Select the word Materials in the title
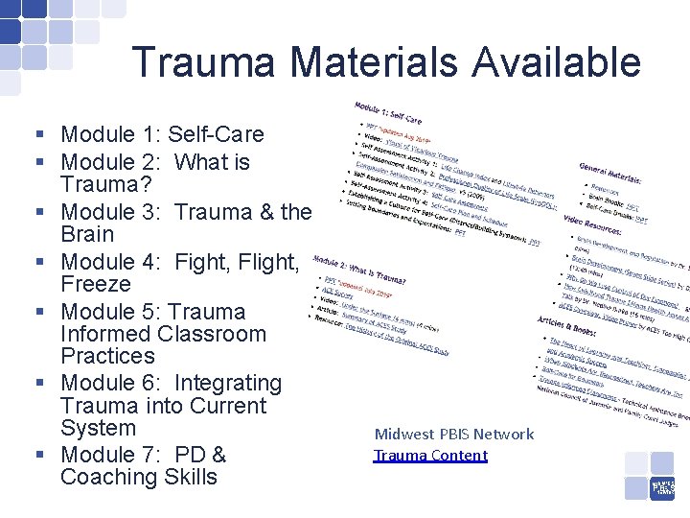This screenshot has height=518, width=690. pyautogui.click(x=375, y=62)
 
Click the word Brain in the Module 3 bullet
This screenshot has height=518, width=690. pyautogui.click(x=87, y=235)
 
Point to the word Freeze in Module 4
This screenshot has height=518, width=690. pyautogui.click(x=95, y=285)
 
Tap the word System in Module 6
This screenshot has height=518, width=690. pyautogui.click(x=98, y=428)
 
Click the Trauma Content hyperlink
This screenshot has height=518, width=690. pyautogui.click(x=430, y=456)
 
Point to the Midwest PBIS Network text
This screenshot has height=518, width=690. pyautogui.click(x=453, y=435)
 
